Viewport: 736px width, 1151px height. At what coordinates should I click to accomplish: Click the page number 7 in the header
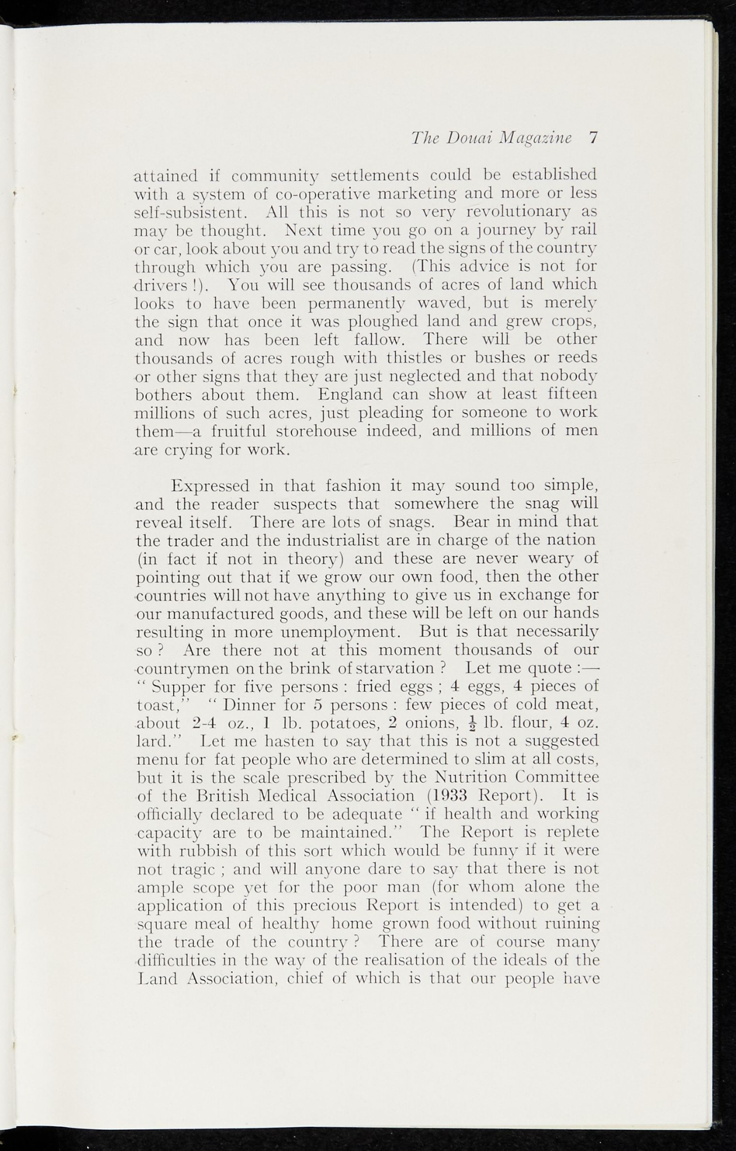pyautogui.click(x=592, y=138)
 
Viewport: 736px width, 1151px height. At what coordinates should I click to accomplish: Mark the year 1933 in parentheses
pyautogui.click(x=449, y=797)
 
